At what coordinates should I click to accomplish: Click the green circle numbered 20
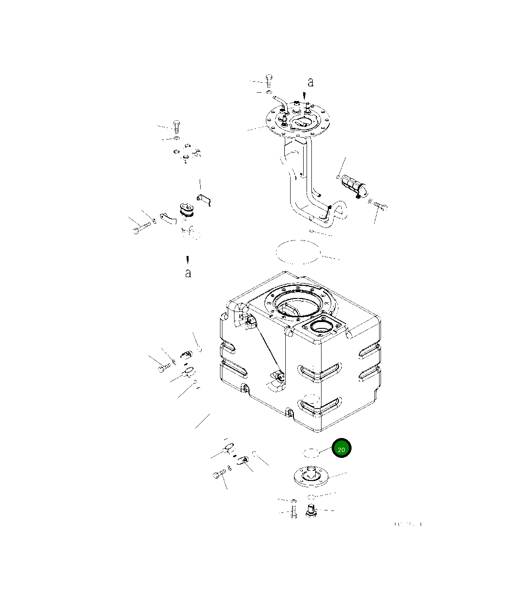click(x=341, y=448)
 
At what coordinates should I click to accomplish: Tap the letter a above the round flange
click(x=310, y=82)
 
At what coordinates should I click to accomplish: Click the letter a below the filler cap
click(x=188, y=273)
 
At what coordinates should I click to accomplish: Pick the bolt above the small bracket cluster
click(x=176, y=126)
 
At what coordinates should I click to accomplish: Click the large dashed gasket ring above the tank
click(x=298, y=252)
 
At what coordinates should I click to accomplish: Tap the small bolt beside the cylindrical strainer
click(x=380, y=206)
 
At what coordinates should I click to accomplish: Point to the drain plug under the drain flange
click(x=312, y=510)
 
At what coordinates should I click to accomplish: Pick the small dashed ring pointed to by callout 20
click(x=311, y=453)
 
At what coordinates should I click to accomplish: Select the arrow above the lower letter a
click(x=187, y=259)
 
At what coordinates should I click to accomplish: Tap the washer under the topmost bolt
click(x=269, y=92)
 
